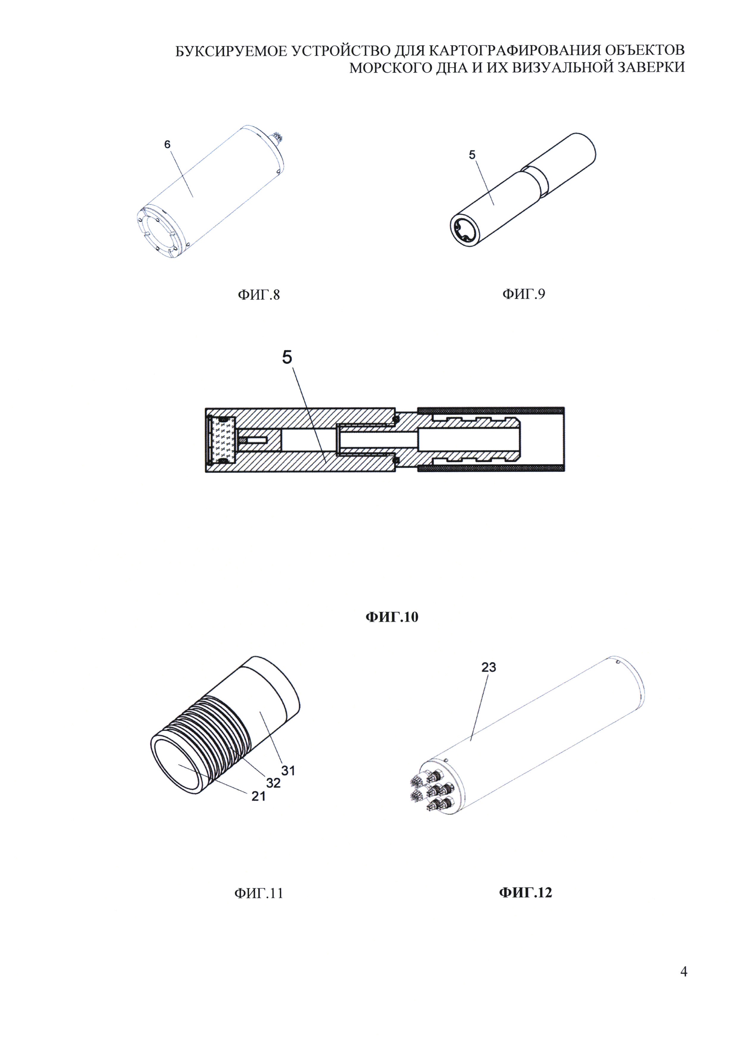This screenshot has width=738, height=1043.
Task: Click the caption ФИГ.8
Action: (259, 295)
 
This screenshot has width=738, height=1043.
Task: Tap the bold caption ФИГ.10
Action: (392, 617)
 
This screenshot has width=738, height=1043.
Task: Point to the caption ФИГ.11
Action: (259, 893)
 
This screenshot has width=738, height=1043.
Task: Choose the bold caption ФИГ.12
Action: (525, 893)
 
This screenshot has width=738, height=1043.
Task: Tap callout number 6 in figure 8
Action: (167, 145)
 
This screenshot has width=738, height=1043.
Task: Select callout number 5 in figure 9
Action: (472, 155)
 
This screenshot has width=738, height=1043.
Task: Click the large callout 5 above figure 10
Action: (287, 357)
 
